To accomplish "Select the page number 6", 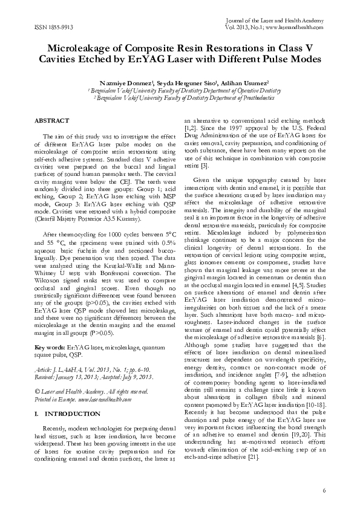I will pos(324,490).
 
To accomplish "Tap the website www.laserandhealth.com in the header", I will pos(299,28).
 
